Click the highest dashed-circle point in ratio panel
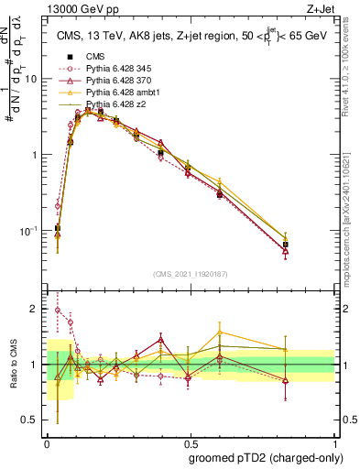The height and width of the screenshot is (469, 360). coord(58,310)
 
